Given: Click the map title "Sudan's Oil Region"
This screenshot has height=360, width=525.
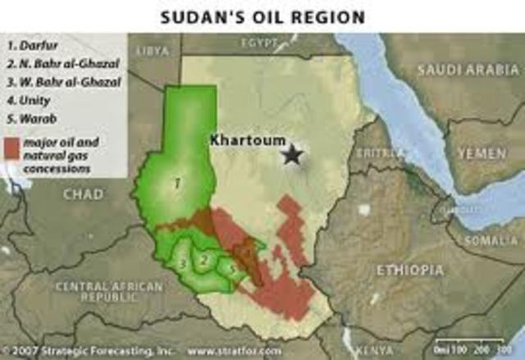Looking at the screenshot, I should click(x=262, y=16).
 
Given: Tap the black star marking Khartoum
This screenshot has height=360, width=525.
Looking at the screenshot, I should click(x=292, y=153).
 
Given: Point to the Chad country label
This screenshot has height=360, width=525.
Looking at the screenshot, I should click(x=84, y=194).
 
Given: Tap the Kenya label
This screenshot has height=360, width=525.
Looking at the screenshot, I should click(x=374, y=350).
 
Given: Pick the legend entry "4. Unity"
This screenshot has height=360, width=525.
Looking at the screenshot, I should click(x=30, y=100).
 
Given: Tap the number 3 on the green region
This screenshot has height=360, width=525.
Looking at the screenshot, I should click(x=182, y=263).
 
